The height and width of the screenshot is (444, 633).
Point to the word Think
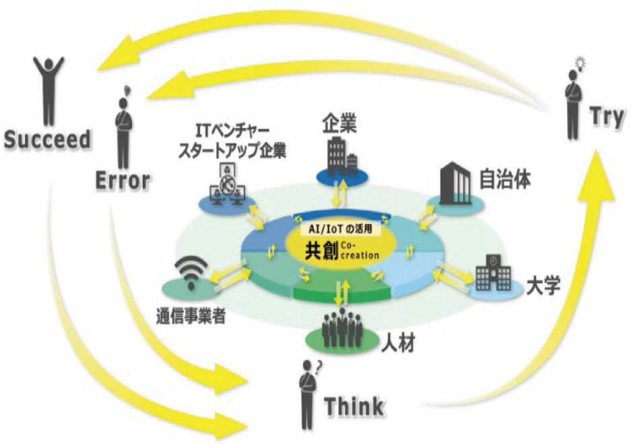[354, 406]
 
